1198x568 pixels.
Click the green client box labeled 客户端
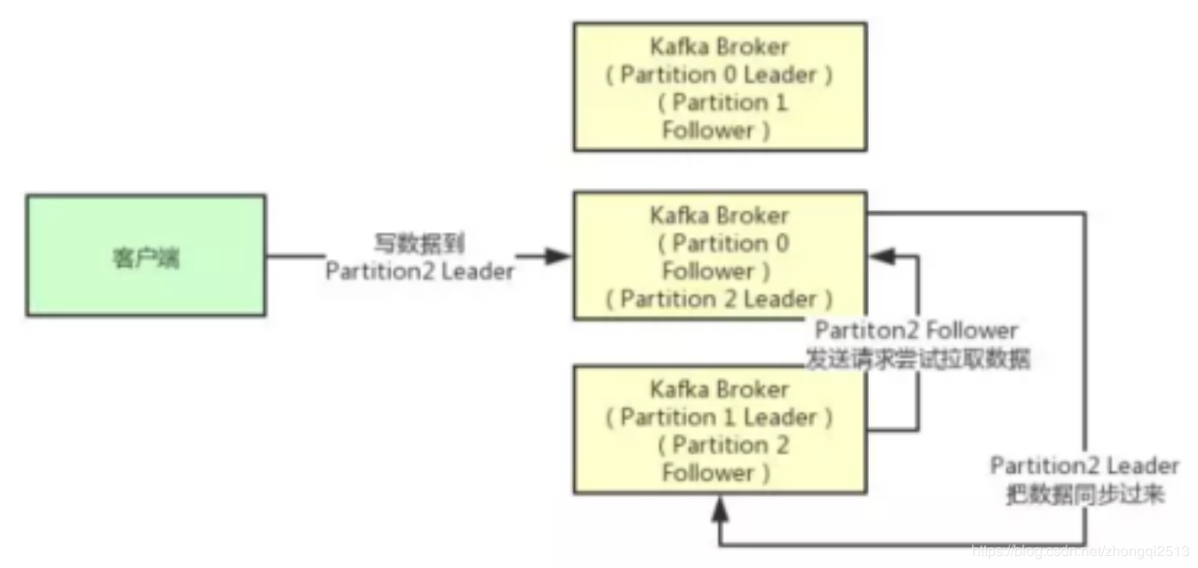tap(146, 256)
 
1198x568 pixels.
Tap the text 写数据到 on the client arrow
tap(419, 244)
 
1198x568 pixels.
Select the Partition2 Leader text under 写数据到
tap(419, 271)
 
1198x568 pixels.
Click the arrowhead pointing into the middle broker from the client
tap(557, 256)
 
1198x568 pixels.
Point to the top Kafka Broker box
tap(720, 87)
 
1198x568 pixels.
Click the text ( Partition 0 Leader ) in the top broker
tap(719, 75)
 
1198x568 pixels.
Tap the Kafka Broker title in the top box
tap(719, 47)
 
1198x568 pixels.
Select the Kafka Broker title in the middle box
tap(719, 216)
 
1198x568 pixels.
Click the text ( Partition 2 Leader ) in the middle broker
tap(719, 300)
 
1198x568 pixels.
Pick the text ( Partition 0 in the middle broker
tap(723, 244)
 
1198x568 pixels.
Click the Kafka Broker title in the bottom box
tap(719, 390)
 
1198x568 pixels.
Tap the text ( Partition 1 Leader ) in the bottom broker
tap(719, 417)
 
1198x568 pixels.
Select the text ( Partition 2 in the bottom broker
tap(723, 445)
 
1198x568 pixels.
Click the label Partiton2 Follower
tap(917, 331)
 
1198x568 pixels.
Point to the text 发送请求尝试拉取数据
tap(917, 359)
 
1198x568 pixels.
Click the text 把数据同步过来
tap(1085, 494)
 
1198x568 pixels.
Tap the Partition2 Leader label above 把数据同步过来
tap(1085, 466)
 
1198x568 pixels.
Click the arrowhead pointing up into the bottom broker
tap(720, 510)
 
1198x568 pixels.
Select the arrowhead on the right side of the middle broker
tap(883, 256)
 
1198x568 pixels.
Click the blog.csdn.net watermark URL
tap(1081, 552)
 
